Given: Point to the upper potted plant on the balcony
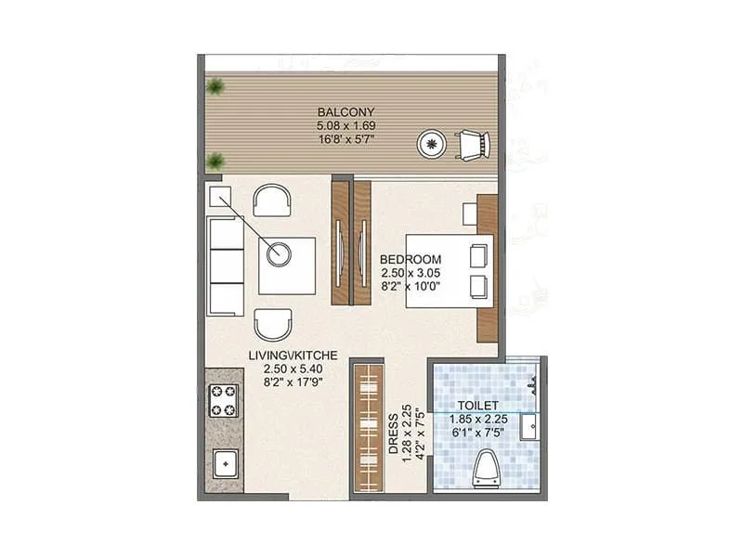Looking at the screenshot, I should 216,88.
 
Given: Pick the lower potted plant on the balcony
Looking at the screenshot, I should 216,161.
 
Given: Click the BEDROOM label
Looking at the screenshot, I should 411,259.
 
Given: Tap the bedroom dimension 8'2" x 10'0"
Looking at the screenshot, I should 411,287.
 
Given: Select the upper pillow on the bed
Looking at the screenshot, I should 479,254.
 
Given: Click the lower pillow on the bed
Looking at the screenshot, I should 479,286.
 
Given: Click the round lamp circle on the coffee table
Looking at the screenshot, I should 279,252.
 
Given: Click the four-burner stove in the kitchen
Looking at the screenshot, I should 224,400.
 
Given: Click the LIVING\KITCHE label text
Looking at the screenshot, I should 292,355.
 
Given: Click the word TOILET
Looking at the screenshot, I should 479,406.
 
